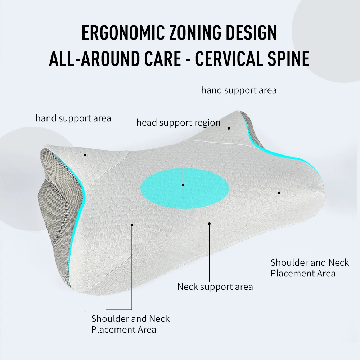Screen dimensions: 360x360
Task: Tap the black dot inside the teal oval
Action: tap(183, 185)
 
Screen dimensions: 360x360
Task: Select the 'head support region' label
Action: tap(178, 123)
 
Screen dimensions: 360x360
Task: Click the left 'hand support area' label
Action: tap(73, 118)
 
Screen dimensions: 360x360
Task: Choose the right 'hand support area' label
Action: tap(239, 90)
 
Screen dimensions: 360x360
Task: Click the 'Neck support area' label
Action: tap(215, 287)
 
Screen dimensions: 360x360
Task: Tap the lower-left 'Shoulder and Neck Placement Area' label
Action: tap(130, 324)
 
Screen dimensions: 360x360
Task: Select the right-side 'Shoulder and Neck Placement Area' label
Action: tap(310, 268)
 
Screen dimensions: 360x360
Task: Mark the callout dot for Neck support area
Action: tap(209, 224)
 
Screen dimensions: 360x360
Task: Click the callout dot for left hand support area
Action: tap(85, 155)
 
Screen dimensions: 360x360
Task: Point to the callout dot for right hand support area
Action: tap(229, 127)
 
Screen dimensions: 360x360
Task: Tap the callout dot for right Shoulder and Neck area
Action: tap(279, 192)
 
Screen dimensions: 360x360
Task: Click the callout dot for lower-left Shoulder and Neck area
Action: tap(132, 225)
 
